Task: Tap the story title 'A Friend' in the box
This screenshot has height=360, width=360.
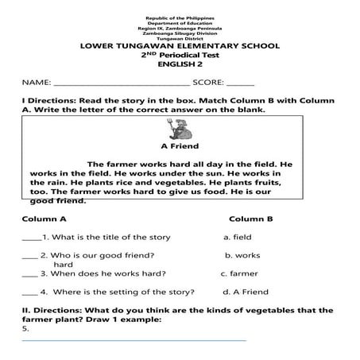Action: [180, 146]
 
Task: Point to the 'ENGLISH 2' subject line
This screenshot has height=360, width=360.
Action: [180, 68]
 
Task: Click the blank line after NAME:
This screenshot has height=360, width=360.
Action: [121, 83]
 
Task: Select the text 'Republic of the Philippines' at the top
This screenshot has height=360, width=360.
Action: [180, 17]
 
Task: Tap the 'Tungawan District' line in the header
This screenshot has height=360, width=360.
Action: [180, 37]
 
